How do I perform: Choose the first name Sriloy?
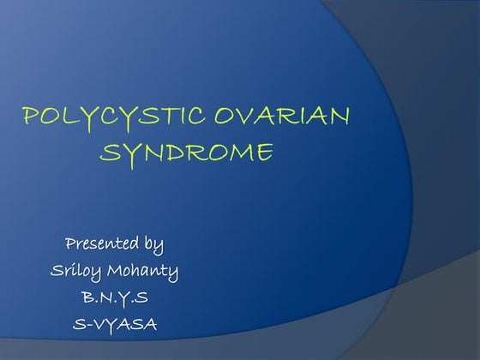click(75, 272)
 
